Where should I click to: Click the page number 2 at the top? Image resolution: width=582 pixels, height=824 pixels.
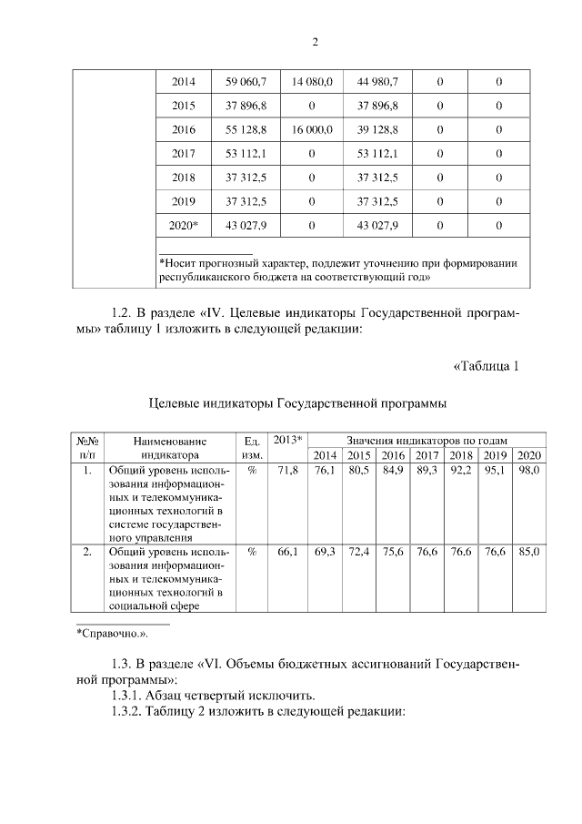[x=315, y=42]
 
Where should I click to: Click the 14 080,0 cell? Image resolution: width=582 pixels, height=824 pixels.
[x=312, y=82]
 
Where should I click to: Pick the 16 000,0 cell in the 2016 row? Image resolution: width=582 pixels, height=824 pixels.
[x=312, y=129]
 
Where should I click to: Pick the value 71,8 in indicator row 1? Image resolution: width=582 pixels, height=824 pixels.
[x=287, y=471]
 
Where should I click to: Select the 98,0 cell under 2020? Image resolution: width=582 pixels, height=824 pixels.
[x=529, y=471]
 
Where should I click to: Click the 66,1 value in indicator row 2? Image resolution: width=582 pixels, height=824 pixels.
[x=287, y=553]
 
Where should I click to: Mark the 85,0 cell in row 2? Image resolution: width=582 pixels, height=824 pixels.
[x=529, y=553]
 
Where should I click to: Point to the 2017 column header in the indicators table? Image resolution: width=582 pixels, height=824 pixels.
[x=427, y=455]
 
